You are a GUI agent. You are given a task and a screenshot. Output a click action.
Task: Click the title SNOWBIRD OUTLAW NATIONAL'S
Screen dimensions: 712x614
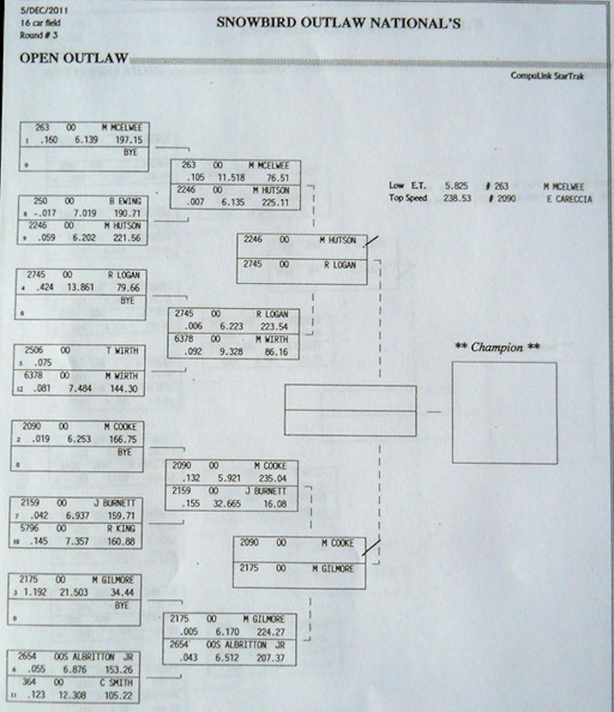[338, 23]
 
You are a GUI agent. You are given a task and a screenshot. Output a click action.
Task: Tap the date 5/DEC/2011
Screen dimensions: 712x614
[44, 10]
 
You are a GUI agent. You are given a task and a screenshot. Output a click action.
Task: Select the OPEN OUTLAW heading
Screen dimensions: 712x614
[74, 58]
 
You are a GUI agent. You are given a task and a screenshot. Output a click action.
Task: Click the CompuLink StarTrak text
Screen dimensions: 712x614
[547, 76]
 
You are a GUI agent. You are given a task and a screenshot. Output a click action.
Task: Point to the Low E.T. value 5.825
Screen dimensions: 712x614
[456, 186]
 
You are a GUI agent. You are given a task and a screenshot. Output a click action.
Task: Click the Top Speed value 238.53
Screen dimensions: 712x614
[457, 198]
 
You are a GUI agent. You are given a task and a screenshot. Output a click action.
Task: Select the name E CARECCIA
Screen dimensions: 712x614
[569, 199]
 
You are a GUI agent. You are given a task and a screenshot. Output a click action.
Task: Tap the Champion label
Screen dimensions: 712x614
[497, 347]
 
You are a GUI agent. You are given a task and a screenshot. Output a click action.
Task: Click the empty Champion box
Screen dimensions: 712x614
[505, 413]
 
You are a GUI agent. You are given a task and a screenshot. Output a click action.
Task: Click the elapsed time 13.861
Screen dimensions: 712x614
[80, 287]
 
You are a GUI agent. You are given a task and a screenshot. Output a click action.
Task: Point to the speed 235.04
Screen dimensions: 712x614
[273, 478]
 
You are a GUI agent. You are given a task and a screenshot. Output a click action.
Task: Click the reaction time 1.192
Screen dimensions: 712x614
[34, 592]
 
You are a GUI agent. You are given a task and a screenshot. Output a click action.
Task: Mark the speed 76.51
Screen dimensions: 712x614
[277, 178]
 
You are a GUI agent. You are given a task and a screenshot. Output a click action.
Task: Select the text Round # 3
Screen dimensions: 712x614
[39, 35]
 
